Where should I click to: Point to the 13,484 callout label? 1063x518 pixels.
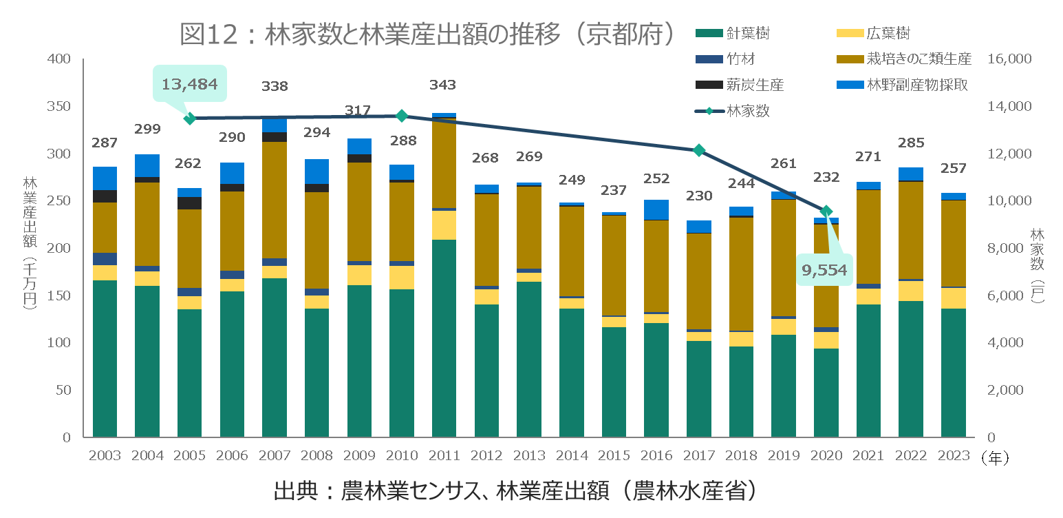pos(189,85)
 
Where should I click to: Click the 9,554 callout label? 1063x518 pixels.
pos(824,270)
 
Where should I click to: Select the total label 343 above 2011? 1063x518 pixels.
pos(442,85)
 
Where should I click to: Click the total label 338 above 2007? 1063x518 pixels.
pos(275,87)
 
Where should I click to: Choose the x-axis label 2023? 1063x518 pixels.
pos(953,456)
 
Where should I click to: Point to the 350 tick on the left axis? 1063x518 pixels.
pos(60,107)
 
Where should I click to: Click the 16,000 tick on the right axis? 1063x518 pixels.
pos(1009,59)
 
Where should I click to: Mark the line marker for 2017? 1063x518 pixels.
pos(699,150)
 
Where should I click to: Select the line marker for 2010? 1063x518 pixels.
pos(402,116)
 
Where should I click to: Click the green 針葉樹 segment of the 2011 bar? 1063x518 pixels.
pos(444,338)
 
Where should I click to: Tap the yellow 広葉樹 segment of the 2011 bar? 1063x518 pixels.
pos(444,225)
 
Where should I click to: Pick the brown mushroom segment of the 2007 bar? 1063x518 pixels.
pos(275,200)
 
